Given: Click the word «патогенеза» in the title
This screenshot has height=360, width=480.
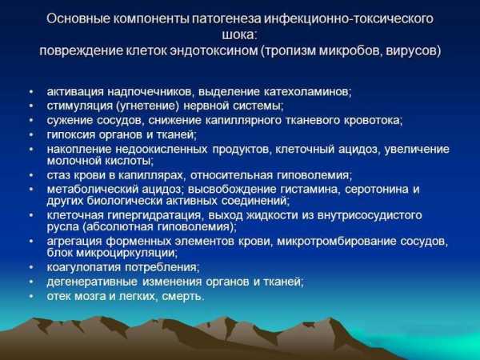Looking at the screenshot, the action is [226, 18].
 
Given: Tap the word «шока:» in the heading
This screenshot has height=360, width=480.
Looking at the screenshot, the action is [240, 34].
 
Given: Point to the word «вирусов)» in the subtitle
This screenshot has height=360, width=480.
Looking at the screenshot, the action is [414, 50].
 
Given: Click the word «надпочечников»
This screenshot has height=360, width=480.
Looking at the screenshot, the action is [150, 91].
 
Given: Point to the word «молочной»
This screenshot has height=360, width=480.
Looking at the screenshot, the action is [73, 161].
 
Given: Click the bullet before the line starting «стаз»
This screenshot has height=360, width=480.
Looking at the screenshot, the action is [31, 175].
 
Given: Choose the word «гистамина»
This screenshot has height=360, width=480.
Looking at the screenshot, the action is [310, 189].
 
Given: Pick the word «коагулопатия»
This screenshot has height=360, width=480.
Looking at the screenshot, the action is [83, 267].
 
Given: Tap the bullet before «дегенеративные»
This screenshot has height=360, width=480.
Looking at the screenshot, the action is [31, 282].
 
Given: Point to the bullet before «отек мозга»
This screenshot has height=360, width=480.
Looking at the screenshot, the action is [31, 296].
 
